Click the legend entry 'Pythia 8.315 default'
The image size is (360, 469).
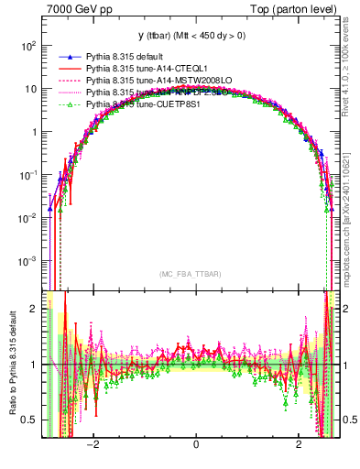(128, 57)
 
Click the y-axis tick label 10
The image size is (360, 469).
(30, 89)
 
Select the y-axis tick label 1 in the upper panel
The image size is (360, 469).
(34, 132)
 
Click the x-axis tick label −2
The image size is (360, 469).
(92, 445)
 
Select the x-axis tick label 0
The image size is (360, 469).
(196, 445)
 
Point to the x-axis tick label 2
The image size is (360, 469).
(299, 445)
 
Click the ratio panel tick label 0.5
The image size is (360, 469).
(29, 420)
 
